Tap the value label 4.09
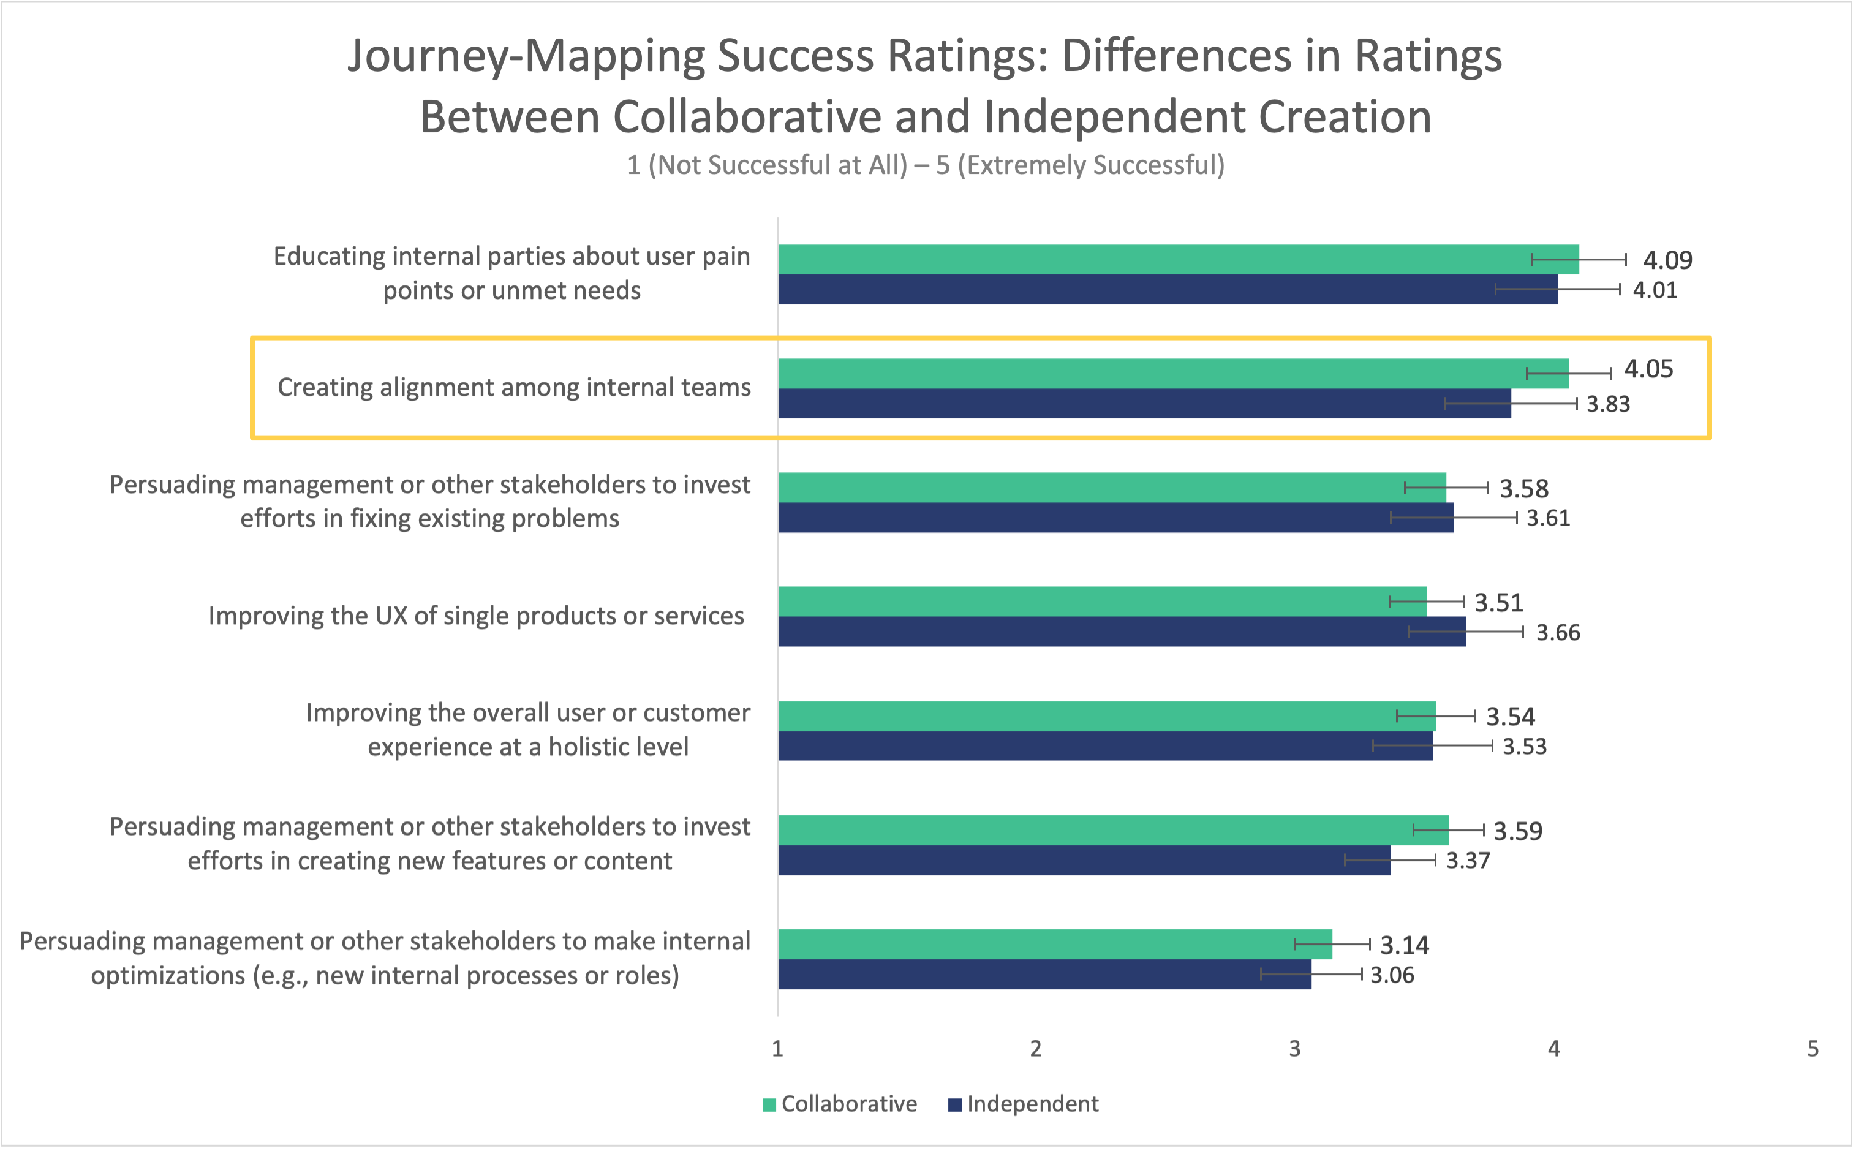coord(1667,260)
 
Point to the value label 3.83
coord(1608,404)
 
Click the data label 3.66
coord(1558,633)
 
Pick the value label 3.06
coord(1392,975)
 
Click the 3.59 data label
coord(1517,831)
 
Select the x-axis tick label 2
coord(1035,1049)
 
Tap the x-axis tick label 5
coord(1813,1049)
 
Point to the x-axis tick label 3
coord(1294,1049)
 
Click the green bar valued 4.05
coord(1172,374)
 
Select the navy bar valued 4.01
coord(1167,289)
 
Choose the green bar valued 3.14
coord(1054,944)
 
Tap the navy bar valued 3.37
coord(1084,860)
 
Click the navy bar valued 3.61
coord(1115,518)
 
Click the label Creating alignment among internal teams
coord(514,388)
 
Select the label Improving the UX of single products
coord(476,616)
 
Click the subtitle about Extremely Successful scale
coord(926,165)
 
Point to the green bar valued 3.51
coord(1101,602)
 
